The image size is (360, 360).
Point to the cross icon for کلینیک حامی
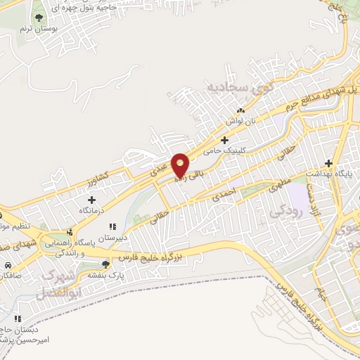pyautogui.click(x=225, y=139)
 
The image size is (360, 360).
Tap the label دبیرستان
pyautogui.click(x=112, y=238)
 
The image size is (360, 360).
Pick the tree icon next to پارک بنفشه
pyautogui.click(x=105, y=264)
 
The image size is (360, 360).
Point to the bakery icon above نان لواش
pyautogui.click(x=241, y=111)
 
